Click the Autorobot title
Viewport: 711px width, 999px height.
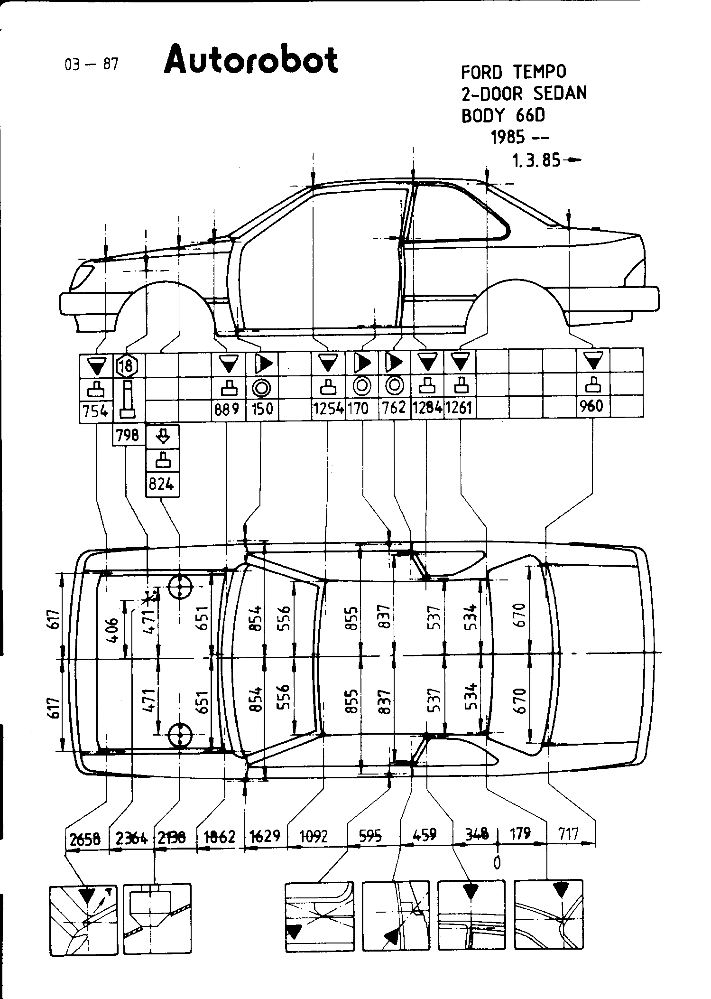pos(251,60)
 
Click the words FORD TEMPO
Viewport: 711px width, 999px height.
pos(514,72)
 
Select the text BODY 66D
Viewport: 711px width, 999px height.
pos(503,115)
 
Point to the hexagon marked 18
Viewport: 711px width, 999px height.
pos(127,366)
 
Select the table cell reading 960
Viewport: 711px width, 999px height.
pos(592,406)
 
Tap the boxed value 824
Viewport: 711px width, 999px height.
pos(162,485)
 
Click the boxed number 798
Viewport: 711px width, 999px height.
pos(128,434)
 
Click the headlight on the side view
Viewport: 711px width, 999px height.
pos(81,278)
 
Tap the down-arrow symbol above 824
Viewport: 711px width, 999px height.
pos(162,435)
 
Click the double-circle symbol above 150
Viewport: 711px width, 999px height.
pos(261,388)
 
